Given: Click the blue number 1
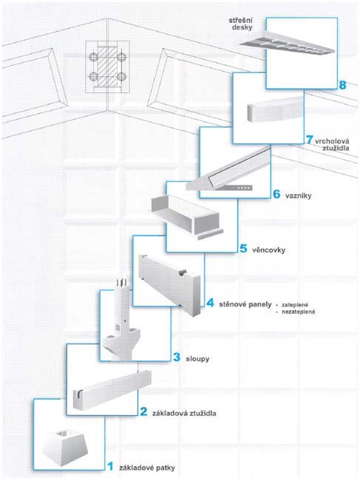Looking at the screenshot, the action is point(111,467).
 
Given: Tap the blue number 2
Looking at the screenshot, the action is point(143,412).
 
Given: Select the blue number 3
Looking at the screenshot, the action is point(177,357).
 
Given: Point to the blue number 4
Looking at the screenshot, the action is point(210,303).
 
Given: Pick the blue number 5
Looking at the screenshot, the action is point(243,249).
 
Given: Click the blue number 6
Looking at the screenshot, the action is point(276,194).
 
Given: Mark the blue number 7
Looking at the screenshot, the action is point(310,140).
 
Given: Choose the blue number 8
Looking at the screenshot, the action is point(343,85).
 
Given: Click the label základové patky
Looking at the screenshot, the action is point(147,467).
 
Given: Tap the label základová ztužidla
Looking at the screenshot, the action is point(184,414).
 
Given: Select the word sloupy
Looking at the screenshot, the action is point(197,358).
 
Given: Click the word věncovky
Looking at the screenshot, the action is point(268,250).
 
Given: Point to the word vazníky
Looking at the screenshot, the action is point(299,196).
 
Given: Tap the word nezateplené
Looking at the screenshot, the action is point(298,312).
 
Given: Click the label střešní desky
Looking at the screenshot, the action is point(241,24).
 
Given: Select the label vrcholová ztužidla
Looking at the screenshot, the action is point(332,145).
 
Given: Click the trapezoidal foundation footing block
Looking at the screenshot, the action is point(65,448).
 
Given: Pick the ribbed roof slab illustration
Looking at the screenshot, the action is point(287,46).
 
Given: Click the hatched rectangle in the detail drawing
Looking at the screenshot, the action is point(107,66).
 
